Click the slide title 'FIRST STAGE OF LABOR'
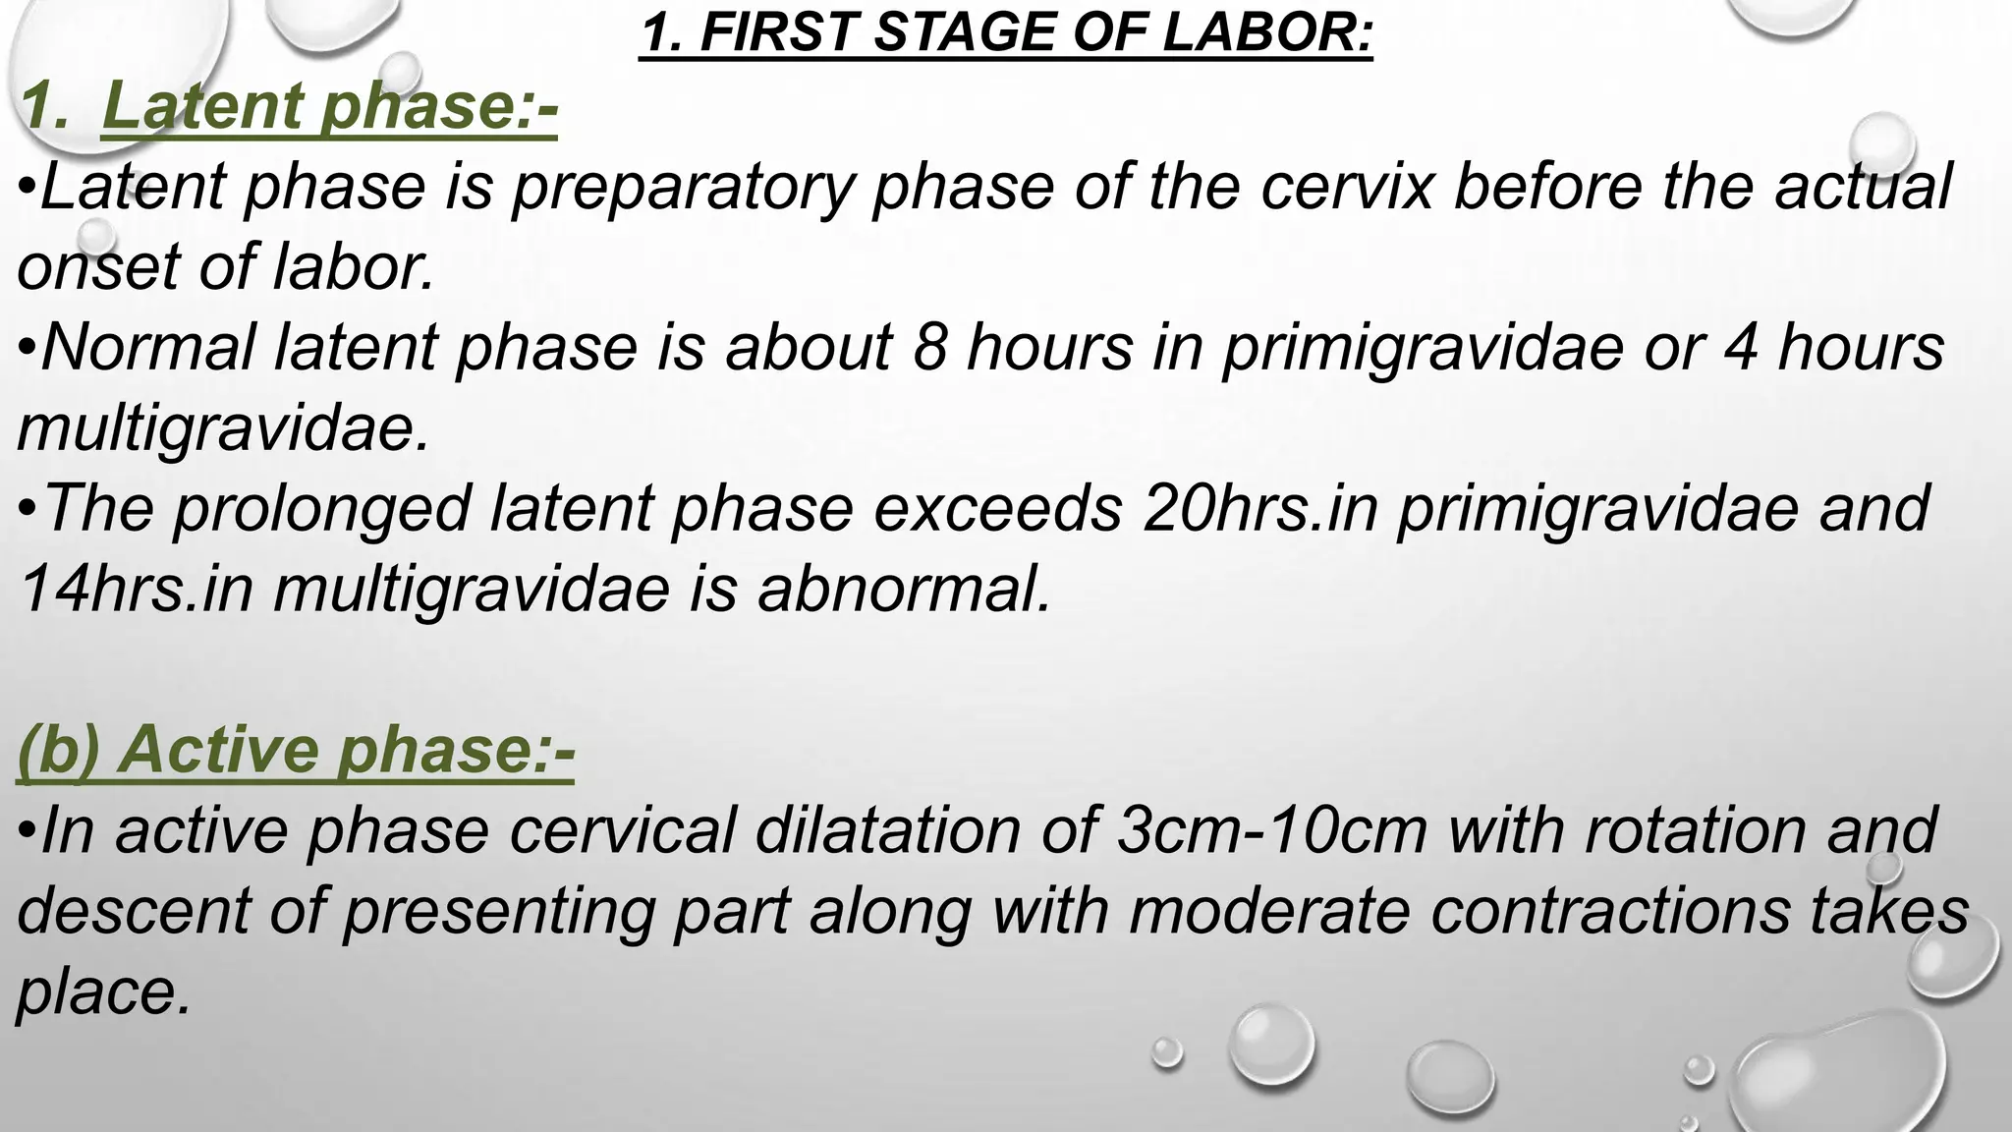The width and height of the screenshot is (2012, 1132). pos(1006,33)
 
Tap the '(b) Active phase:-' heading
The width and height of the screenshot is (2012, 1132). pos(295,749)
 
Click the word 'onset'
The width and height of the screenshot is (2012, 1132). pos(98,267)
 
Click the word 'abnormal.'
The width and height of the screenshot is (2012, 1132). pos(904,589)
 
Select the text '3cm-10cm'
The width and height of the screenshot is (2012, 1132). pos(1272,829)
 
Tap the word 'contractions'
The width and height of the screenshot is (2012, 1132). pos(1610,910)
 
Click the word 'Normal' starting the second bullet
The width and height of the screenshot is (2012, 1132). pos(147,347)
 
